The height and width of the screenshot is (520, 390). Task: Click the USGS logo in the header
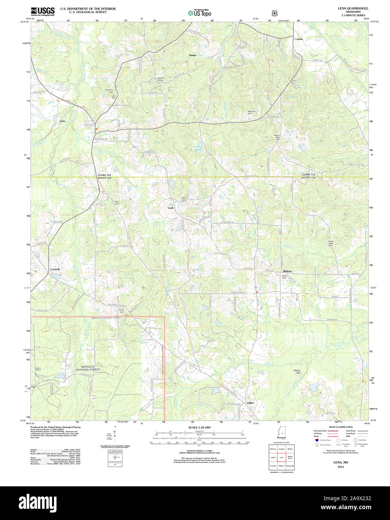point(42,11)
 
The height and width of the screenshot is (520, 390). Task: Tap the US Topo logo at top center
point(199,13)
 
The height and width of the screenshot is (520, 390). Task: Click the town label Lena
point(62,121)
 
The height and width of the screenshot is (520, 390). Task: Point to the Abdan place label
point(192,55)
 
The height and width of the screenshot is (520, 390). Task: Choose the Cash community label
point(171,208)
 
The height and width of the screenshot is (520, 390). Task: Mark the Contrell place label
point(55,269)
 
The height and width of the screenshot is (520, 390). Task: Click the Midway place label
point(287,271)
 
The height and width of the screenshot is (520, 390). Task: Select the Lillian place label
point(250,403)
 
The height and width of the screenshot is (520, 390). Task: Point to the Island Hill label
point(296,372)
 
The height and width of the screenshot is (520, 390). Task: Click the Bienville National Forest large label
point(88,368)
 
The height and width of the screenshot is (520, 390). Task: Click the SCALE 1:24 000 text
point(199,427)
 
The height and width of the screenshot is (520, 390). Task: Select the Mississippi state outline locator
point(281,432)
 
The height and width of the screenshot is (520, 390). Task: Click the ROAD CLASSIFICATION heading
point(341,427)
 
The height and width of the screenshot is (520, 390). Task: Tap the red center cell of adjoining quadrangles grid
point(281,457)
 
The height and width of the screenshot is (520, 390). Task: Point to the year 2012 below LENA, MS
point(341,467)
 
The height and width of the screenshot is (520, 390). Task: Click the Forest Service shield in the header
point(275,13)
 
